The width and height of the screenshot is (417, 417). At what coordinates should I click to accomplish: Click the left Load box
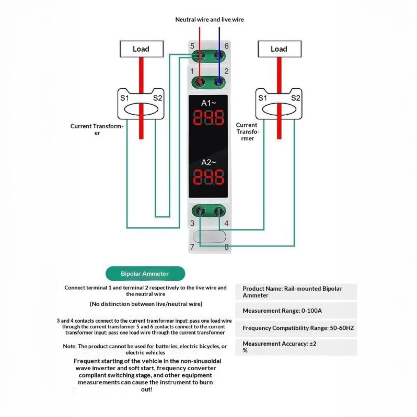[142, 49]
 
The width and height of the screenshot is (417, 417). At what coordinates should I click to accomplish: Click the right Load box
[279, 49]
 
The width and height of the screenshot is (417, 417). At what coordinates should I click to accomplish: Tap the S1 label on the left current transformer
[125, 98]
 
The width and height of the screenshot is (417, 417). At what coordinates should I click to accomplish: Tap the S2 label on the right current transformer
[296, 98]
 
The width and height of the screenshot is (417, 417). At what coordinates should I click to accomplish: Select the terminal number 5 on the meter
[192, 46]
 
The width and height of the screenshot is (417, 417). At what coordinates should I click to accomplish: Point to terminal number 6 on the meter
[226, 46]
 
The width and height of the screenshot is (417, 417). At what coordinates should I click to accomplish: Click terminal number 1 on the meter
[192, 71]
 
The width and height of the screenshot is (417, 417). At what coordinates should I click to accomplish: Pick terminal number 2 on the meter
[226, 71]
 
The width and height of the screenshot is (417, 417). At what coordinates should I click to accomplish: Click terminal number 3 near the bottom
[192, 223]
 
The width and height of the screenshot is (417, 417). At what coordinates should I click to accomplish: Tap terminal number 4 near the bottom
[226, 223]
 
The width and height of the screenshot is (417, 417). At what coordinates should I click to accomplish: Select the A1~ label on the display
[208, 103]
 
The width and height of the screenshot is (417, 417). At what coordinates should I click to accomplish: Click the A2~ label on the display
[208, 162]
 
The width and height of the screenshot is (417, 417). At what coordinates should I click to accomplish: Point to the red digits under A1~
[208, 118]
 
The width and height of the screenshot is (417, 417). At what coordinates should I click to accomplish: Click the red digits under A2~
[208, 177]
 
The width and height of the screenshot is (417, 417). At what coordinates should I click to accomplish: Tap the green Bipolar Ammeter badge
[145, 274]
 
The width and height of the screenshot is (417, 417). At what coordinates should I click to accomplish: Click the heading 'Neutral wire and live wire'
[210, 20]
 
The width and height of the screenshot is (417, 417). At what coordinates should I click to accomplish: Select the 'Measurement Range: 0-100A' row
[296, 311]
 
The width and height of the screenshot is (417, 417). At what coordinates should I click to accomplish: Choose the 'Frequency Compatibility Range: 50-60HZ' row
[296, 328]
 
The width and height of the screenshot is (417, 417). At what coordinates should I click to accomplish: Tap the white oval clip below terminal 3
[209, 237]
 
